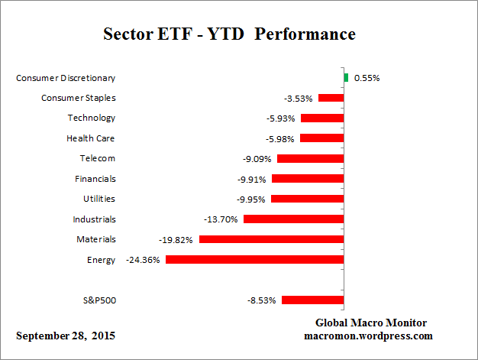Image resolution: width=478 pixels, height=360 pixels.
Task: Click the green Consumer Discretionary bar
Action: pyautogui.click(x=346, y=77)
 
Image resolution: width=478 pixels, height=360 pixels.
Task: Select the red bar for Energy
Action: pyautogui.click(x=254, y=260)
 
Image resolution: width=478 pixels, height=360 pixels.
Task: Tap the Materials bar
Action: pyautogui.click(x=271, y=239)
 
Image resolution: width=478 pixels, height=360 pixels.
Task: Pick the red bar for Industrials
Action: pyautogui.click(x=293, y=219)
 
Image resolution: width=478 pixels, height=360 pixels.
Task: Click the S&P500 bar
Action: pyautogui.click(x=312, y=300)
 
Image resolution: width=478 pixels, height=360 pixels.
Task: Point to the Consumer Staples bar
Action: pyautogui.click(x=331, y=98)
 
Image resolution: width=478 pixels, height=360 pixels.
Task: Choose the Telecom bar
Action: pyautogui.click(x=310, y=158)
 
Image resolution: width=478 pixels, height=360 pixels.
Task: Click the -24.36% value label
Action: pyautogui.click(x=143, y=260)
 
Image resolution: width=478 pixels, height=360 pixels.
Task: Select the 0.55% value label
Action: pyautogui.click(x=367, y=77)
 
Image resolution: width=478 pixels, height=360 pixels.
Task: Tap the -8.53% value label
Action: pyautogui.click(x=260, y=300)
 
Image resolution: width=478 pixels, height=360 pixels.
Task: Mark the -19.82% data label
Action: pyautogui.click(x=177, y=239)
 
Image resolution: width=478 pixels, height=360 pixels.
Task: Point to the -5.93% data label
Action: pyautogui.click(x=279, y=118)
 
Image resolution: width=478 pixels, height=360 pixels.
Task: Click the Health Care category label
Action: pyautogui.click(x=91, y=138)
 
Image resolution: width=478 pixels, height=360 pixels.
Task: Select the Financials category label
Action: pyautogui.click(x=95, y=179)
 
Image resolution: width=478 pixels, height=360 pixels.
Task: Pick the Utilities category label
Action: pyautogui.click(x=99, y=199)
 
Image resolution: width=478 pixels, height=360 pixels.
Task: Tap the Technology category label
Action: pyautogui.click(x=91, y=118)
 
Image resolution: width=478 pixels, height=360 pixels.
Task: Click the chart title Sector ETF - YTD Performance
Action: pyautogui.click(x=229, y=35)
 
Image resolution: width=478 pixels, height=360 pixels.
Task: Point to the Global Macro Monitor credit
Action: pyautogui.click(x=371, y=323)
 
